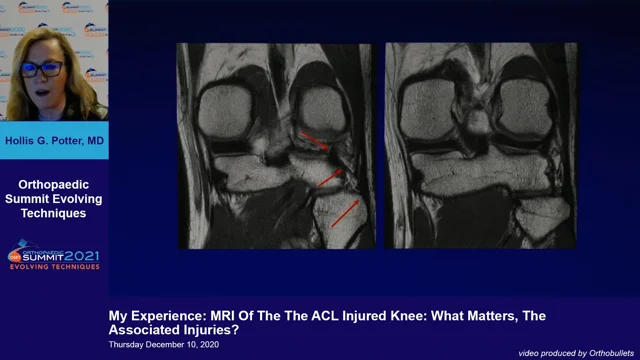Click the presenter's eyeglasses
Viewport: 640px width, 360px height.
[42, 69]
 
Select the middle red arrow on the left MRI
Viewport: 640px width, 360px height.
[331, 178]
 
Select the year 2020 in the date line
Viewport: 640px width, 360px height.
[217, 344]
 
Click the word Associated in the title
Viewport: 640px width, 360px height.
[148, 329]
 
